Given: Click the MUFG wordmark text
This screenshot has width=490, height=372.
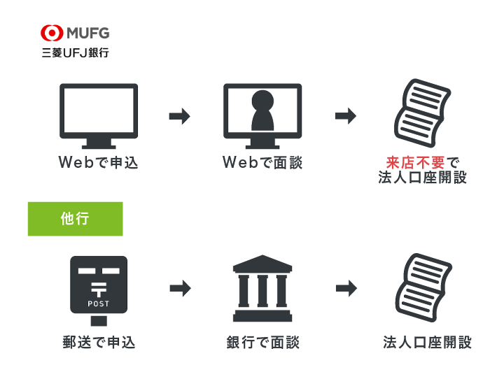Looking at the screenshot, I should [87, 32].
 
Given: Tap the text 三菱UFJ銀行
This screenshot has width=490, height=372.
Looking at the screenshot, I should [75, 52].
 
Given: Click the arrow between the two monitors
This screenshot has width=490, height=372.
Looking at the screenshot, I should [180, 116].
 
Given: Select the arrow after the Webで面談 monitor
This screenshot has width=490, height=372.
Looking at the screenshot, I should [346, 116].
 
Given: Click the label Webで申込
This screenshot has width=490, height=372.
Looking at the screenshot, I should [99, 163].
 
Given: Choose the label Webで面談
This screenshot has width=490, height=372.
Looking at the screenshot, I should [262, 163].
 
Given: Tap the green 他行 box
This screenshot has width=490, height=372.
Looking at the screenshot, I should [76, 219].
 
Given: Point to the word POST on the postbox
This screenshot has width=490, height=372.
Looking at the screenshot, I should [99, 303].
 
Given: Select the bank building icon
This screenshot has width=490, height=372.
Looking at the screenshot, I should [262, 287].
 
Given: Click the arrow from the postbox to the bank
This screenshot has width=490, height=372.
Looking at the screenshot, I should [180, 287].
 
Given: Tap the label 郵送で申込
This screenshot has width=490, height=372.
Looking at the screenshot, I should [99, 343].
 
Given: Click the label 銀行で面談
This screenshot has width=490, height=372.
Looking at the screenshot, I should [262, 343].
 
